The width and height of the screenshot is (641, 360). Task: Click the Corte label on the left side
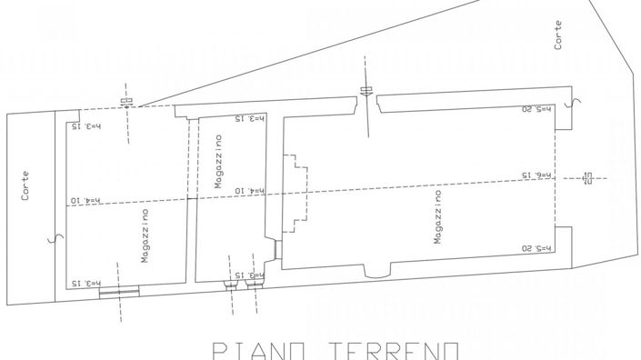27,185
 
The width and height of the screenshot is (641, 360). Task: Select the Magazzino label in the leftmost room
145,236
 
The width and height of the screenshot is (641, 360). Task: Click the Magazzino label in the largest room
438,216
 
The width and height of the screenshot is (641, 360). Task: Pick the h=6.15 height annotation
536,175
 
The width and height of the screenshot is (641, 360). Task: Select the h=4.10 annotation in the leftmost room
84,201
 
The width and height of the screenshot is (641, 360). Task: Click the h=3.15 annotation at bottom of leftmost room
84,282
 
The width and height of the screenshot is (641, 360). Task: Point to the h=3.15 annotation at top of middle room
249,118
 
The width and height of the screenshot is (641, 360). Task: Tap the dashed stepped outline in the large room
295,193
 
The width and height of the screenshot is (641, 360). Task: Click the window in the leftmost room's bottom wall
119,291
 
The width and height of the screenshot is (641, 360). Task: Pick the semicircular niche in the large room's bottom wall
373,274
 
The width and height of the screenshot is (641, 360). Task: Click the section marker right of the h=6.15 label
586,175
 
